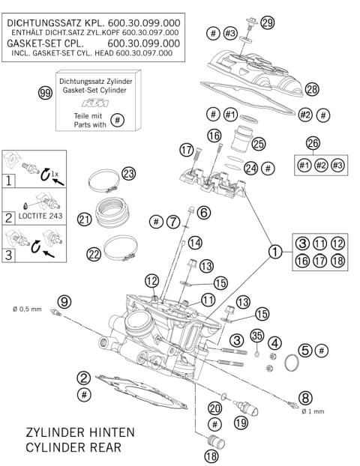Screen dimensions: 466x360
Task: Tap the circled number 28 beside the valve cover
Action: coord(312,88)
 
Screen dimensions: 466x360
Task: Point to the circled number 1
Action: coord(275,252)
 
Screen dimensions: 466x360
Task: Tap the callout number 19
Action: coord(239,423)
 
